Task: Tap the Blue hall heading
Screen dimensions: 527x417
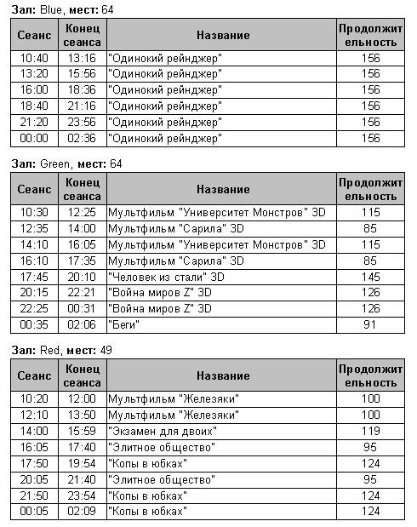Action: [62, 9]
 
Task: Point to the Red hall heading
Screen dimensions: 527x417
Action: [60, 350]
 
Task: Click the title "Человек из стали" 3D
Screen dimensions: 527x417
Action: [167, 276]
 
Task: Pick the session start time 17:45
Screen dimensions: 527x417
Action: [34, 276]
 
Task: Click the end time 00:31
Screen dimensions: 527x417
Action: [83, 308]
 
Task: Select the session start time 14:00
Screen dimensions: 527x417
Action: [34, 431]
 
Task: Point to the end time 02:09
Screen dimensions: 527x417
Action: [83, 512]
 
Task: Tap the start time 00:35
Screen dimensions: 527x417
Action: [34, 324]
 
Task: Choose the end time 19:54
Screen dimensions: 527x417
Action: [83, 463]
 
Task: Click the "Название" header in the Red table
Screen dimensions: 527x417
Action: [222, 375]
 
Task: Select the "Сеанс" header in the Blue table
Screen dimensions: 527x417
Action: [34, 35]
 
